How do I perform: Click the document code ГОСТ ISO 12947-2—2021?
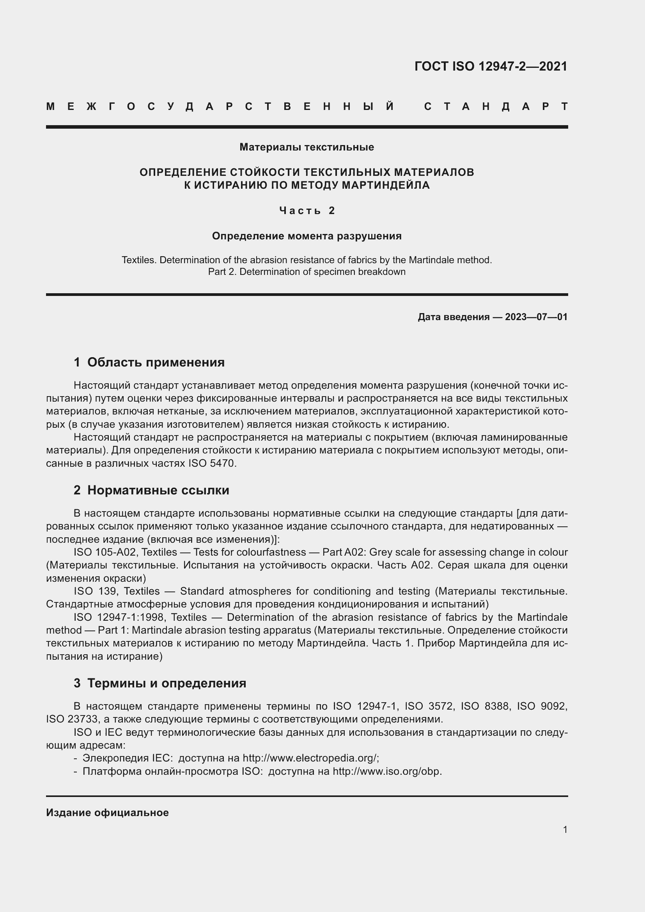[x=491, y=66]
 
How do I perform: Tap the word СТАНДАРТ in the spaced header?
[x=496, y=107]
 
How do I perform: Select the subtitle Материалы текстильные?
[x=307, y=147]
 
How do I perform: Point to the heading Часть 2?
[x=307, y=211]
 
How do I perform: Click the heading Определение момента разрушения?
[x=307, y=236]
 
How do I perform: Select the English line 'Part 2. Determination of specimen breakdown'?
[x=307, y=272]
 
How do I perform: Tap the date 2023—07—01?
[x=536, y=317]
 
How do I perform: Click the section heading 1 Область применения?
[x=149, y=362]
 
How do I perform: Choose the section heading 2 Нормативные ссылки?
[x=151, y=490]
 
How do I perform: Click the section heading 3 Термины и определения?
[x=159, y=683]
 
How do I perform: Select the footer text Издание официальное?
[x=107, y=813]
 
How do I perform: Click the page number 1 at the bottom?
[x=565, y=829]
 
